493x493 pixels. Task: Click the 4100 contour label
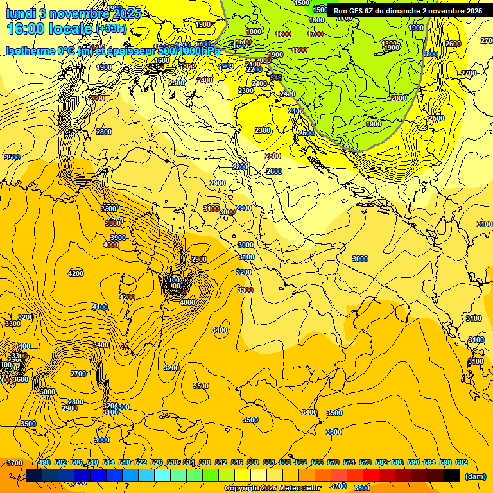coord(99,307)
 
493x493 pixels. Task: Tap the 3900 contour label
coord(117,238)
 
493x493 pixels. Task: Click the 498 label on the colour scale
coord(44,462)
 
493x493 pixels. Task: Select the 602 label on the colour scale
coord(462,462)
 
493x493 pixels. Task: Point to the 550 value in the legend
coord(253,462)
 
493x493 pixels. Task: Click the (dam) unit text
coord(474,476)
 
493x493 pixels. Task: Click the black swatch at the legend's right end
coord(451,475)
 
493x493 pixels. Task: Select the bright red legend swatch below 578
coord(371,475)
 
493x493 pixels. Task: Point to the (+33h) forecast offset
coord(111,29)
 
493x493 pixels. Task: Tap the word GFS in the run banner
coord(361,11)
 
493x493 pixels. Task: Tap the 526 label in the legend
coord(157,462)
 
